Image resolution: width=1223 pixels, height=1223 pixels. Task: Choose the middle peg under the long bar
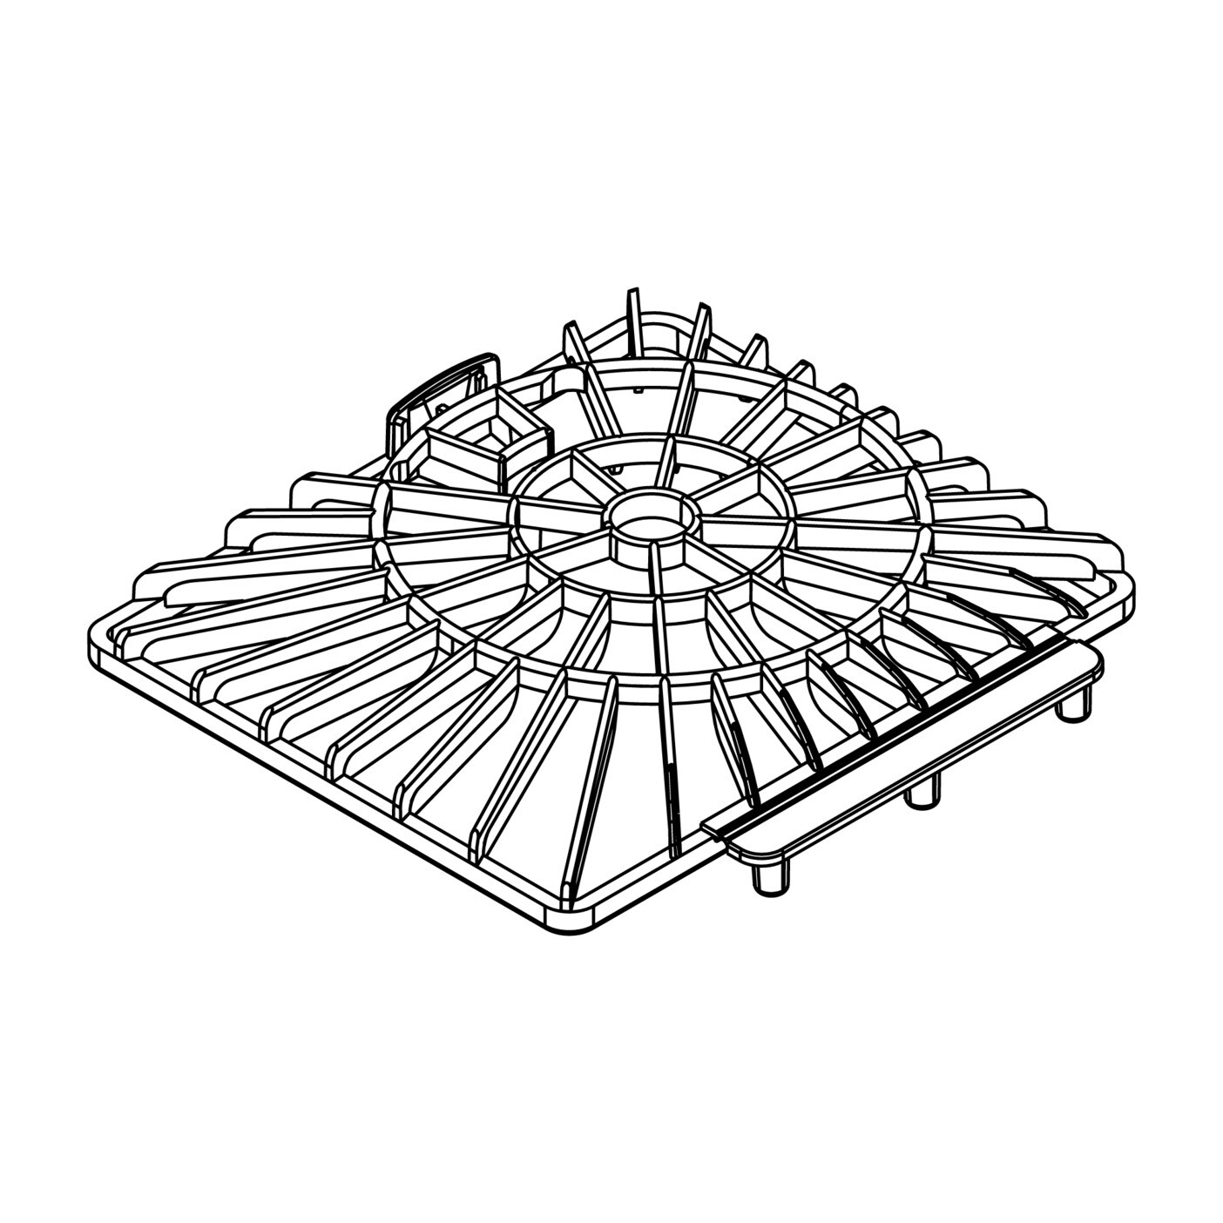(922, 791)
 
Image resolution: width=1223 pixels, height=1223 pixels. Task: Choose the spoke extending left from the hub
(557, 514)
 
